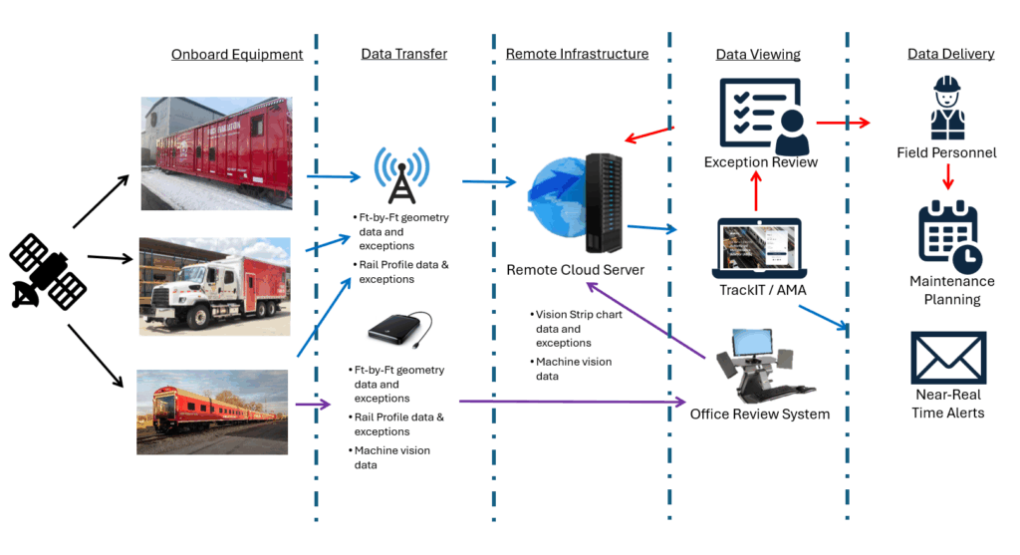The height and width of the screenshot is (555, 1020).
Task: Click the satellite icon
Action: tap(48, 271)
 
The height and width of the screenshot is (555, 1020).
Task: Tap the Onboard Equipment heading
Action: tap(237, 55)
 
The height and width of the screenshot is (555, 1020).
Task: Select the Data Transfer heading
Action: tap(404, 54)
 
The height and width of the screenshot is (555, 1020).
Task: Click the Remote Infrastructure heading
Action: tap(577, 54)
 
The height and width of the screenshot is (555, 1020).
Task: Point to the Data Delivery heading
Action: tap(951, 54)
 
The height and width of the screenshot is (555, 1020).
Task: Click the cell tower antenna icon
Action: tap(402, 174)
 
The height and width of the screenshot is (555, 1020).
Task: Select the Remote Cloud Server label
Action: tap(575, 270)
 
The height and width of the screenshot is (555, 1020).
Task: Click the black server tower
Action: tap(603, 203)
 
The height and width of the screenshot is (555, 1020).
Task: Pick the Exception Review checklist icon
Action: tap(764, 116)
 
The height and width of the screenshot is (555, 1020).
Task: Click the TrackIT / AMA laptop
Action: tap(759, 248)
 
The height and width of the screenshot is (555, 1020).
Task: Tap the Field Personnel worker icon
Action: tap(947, 108)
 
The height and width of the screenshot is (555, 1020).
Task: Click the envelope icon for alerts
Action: tap(948, 358)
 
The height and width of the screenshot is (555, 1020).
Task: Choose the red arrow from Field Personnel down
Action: tap(948, 176)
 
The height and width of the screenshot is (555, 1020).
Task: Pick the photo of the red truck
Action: tap(215, 286)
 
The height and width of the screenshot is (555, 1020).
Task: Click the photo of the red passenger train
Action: tap(212, 412)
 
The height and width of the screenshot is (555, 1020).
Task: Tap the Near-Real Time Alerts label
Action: tap(948, 404)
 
